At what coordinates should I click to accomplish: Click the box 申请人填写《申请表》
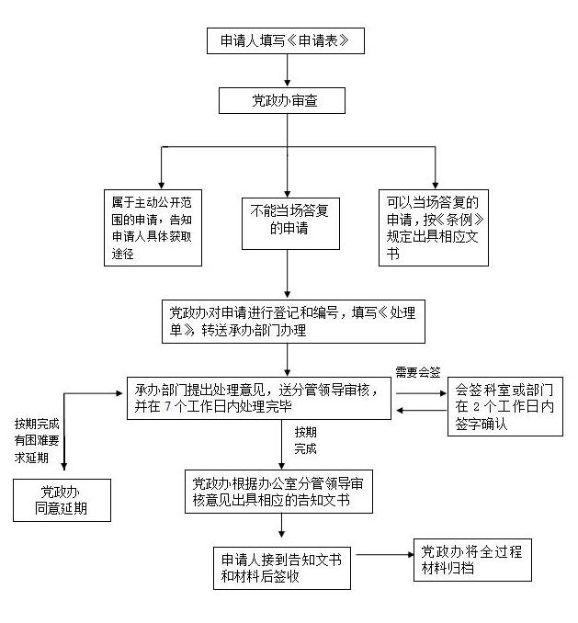287,42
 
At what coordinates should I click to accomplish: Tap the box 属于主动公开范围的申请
152,227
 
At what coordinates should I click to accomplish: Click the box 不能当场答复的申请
289,222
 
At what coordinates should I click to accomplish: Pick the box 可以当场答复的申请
434,227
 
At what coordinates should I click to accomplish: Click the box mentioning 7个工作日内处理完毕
256,397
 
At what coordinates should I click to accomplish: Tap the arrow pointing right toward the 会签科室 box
419,389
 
